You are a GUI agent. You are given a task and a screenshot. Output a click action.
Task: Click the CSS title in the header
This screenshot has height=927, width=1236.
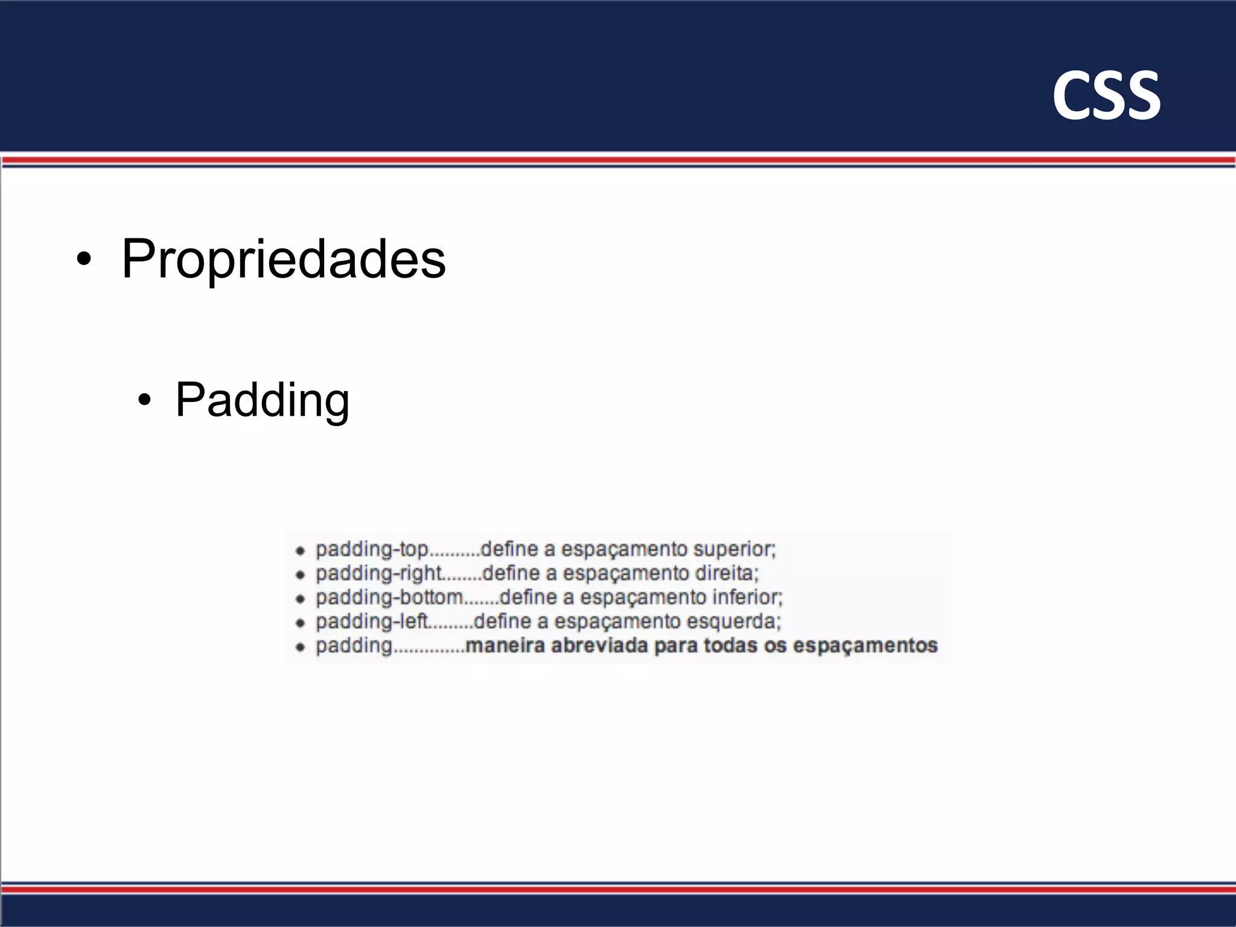[x=1106, y=95]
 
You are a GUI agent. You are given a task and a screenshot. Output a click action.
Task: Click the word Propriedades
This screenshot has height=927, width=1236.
[x=283, y=259]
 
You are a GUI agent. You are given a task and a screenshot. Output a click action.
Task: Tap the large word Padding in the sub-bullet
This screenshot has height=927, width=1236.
[x=262, y=400]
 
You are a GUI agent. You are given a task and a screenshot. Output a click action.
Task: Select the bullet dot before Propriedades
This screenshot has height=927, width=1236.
[x=84, y=260]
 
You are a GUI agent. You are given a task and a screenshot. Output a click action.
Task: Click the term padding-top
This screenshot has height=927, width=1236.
[x=372, y=550]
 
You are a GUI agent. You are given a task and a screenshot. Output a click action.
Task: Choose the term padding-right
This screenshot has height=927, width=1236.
[x=379, y=573]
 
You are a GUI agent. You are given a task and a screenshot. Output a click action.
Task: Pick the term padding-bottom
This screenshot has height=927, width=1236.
[x=389, y=597]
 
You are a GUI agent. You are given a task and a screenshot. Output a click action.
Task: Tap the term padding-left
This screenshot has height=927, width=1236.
[x=372, y=622]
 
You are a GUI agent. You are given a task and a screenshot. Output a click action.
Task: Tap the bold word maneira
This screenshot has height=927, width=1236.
[x=505, y=646]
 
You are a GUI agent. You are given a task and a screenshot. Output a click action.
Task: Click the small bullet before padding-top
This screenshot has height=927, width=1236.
[x=300, y=550]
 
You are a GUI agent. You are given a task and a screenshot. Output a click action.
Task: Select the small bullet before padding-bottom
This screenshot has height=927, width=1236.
[x=300, y=599]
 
